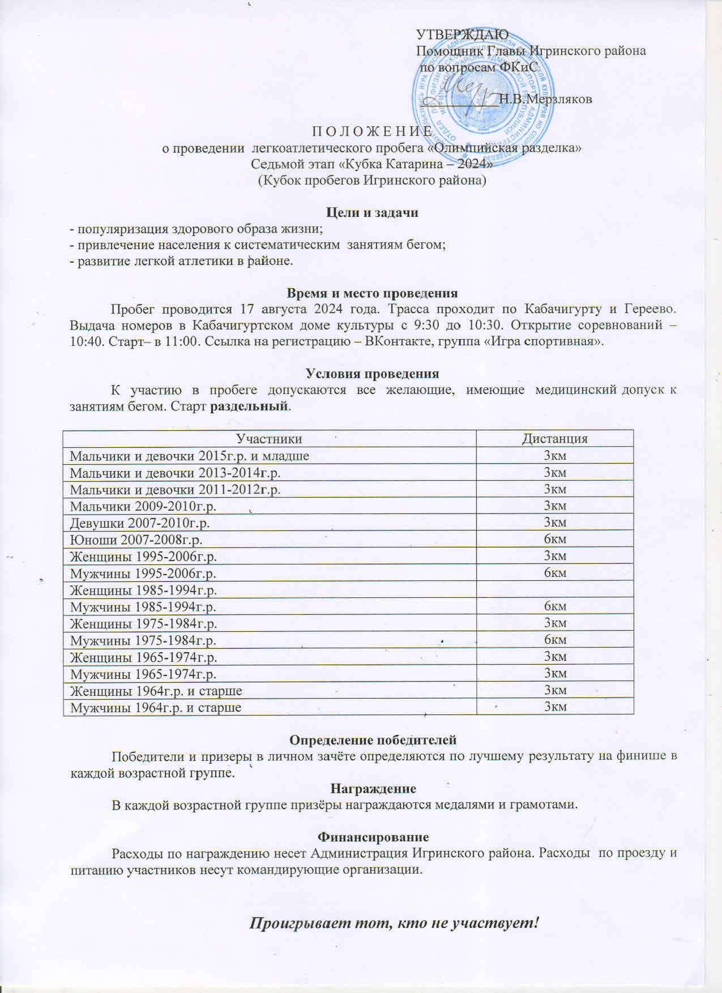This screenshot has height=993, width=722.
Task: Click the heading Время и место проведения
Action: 372,293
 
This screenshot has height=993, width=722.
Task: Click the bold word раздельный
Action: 249,406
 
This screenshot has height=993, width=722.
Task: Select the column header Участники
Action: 268,439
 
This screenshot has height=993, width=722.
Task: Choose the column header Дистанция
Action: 554,439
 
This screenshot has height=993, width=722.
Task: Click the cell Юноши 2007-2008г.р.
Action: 136,539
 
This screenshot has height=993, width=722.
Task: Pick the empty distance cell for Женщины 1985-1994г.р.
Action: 554,589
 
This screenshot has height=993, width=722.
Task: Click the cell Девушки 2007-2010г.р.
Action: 143,523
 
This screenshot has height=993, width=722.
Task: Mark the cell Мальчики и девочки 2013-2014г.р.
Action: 175,472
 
